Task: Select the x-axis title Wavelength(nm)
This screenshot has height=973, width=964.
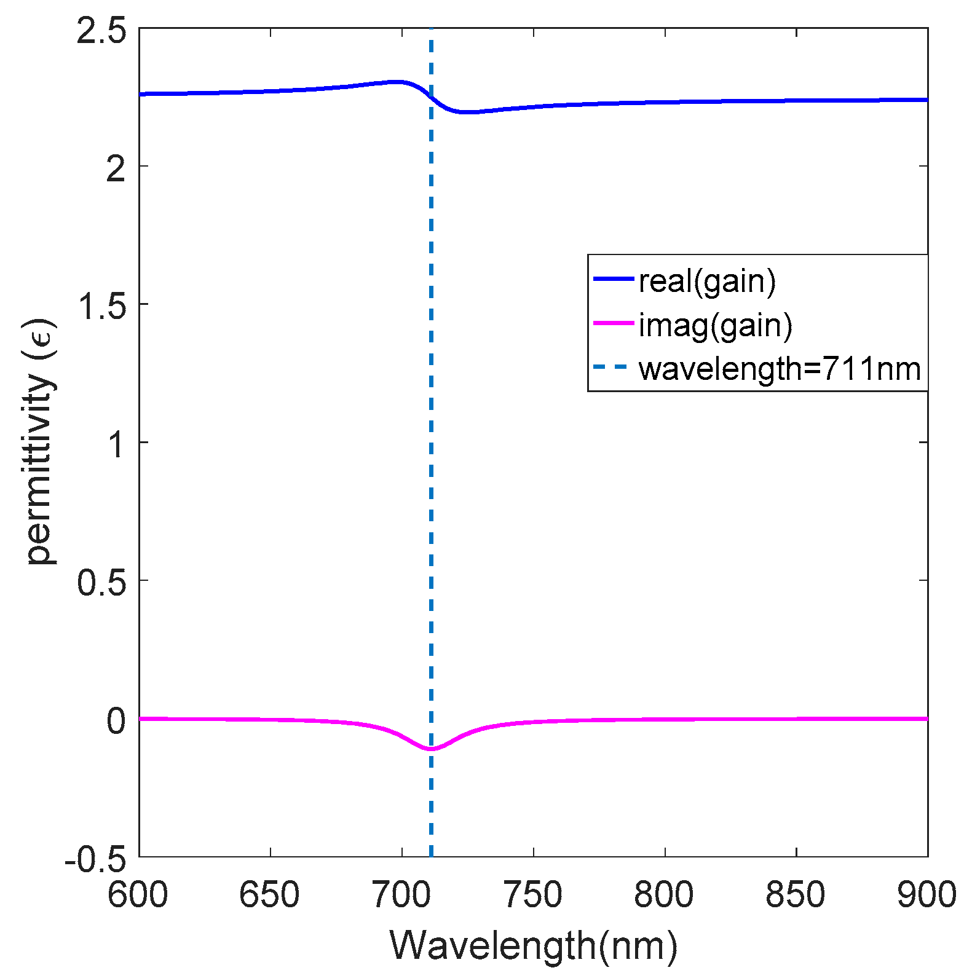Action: coord(533,945)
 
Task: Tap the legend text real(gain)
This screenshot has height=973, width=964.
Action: coord(707,281)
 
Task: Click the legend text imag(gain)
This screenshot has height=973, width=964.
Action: coord(715,325)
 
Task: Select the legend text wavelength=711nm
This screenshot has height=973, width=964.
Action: coord(780,369)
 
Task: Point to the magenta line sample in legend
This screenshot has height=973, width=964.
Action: coord(613,323)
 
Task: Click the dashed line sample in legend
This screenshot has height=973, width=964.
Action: coord(613,368)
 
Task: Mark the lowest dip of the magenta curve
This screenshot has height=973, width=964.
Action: coord(431,749)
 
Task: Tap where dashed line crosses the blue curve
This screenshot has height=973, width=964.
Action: coord(431,98)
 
